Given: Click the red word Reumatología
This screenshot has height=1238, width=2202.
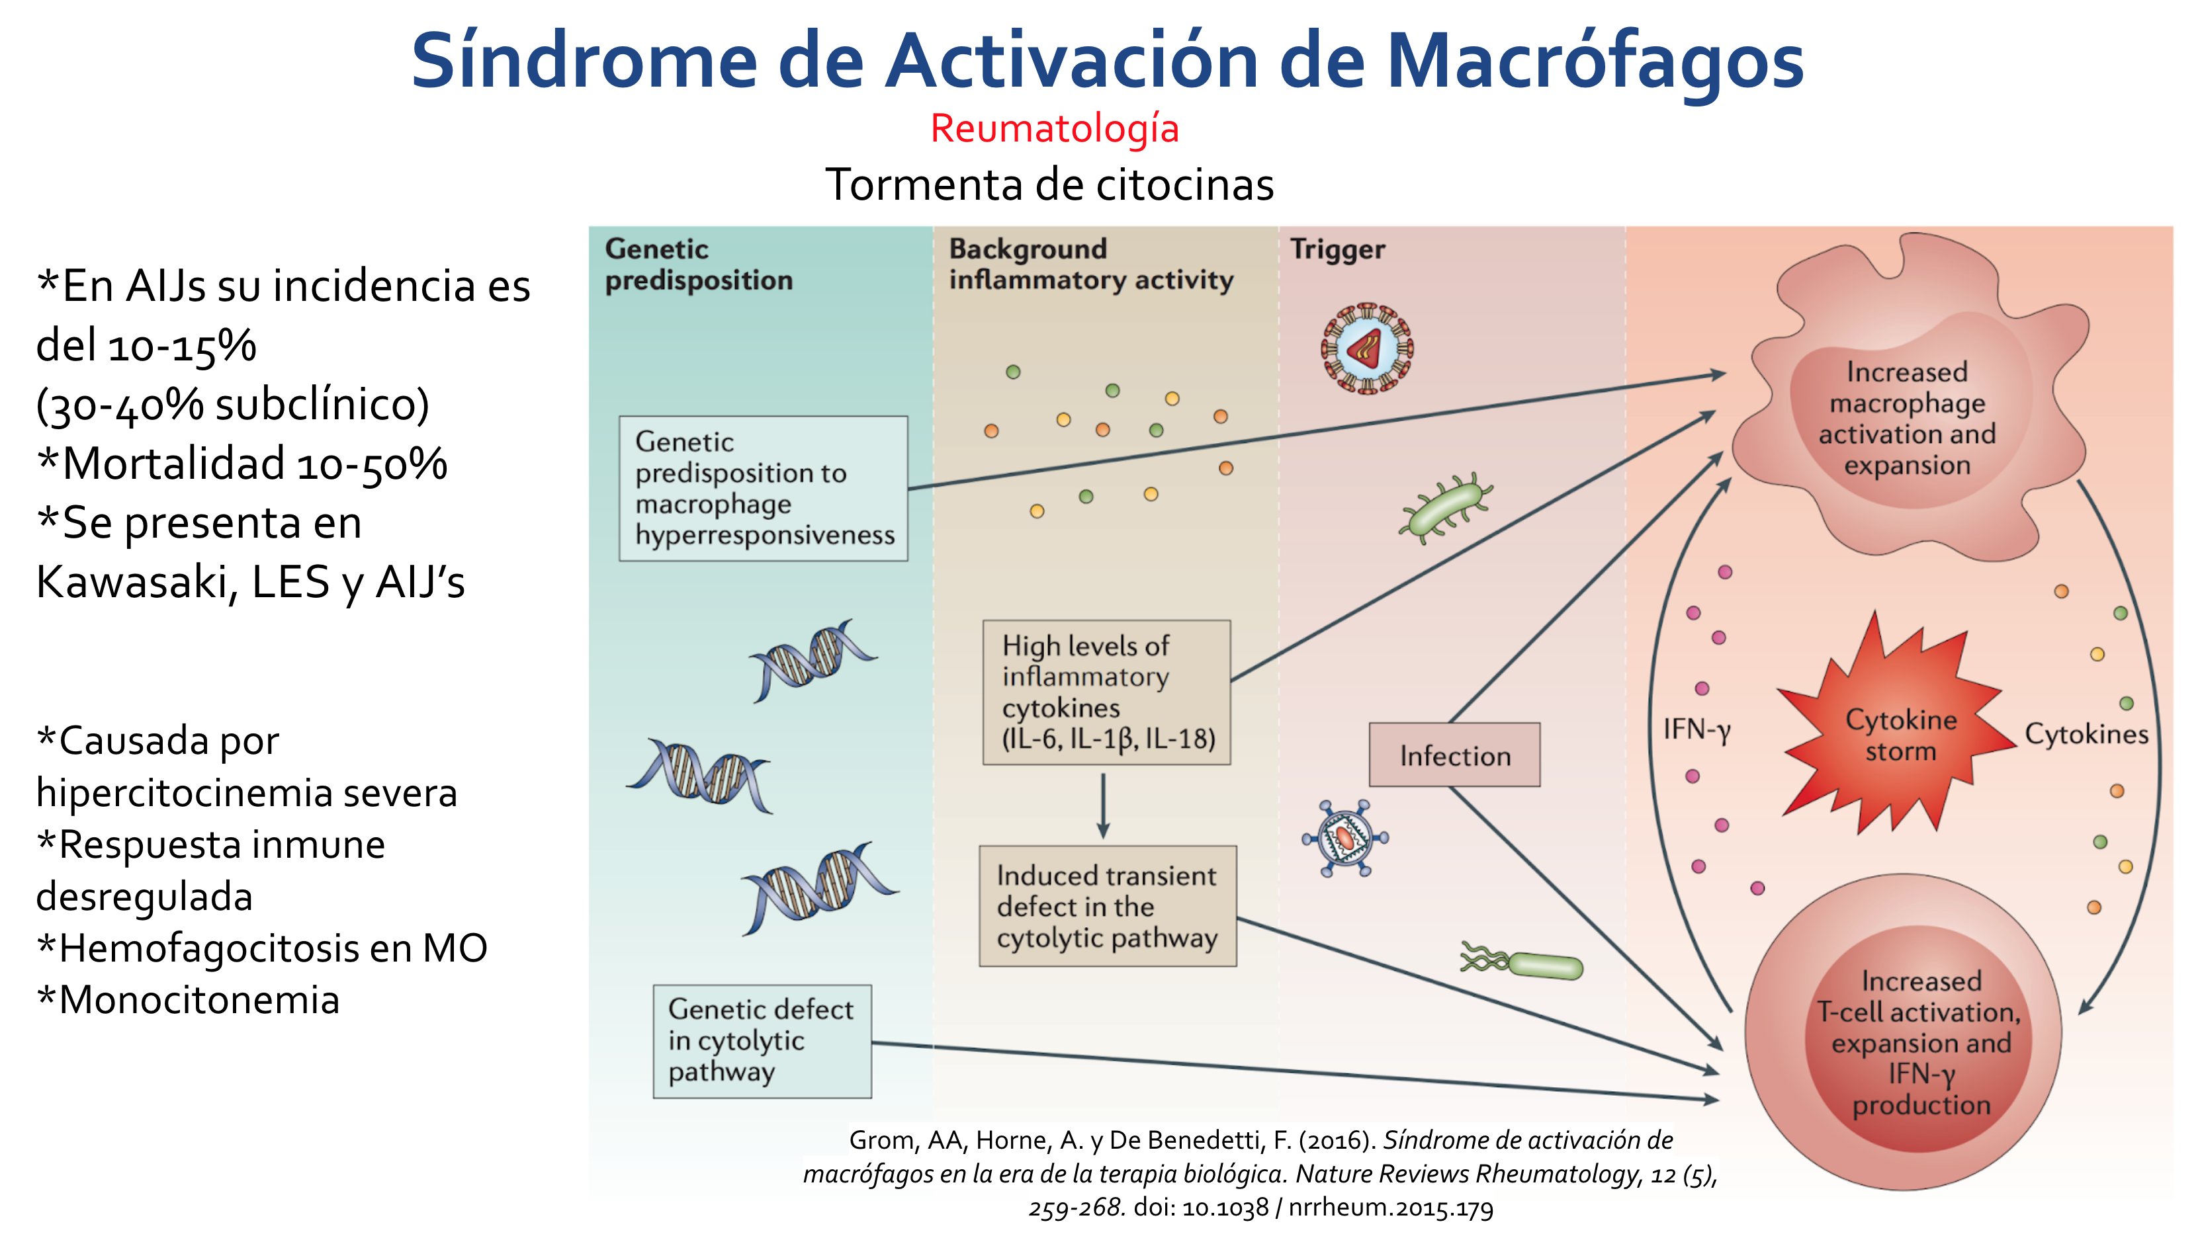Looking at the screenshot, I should (1054, 129).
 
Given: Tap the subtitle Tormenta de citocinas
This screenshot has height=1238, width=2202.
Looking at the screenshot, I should (1049, 185).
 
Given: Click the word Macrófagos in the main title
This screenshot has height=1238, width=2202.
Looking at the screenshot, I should (1594, 62).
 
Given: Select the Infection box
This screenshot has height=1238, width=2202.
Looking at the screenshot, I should (1454, 755).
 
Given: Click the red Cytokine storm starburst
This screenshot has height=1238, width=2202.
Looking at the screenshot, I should (1900, 734).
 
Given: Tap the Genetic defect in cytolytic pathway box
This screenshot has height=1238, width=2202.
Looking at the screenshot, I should (762, 1041).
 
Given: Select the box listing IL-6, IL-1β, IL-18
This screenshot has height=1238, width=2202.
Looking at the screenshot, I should (1106, 692).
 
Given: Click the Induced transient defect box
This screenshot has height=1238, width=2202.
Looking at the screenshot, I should (1107, 907).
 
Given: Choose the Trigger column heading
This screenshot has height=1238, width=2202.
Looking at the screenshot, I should (1337, 249).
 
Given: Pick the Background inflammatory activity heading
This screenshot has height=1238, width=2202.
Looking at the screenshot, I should (1090, 264).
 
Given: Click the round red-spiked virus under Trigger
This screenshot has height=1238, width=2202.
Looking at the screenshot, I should (1366, 349).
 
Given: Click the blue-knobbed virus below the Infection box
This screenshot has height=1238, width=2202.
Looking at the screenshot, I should (1344, 838).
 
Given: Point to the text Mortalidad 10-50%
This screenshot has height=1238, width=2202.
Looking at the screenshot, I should (243, 464).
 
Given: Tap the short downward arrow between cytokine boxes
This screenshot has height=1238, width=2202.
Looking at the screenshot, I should (1103, 805).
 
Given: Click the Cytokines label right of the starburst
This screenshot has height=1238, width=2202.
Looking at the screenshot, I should (2086, 734).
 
